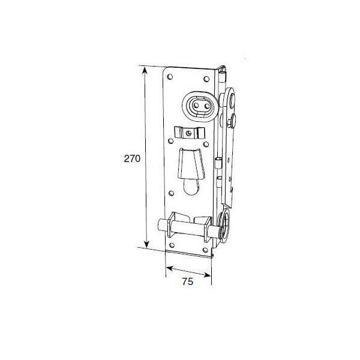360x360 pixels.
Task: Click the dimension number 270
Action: click(x=132, y=158)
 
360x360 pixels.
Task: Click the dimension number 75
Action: click(x=188, y=281)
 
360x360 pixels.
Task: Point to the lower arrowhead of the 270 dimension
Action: click(x=146, y=244)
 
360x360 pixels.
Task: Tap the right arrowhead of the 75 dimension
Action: click(x=207, y=275)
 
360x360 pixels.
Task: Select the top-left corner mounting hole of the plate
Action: click(x=170, y=77)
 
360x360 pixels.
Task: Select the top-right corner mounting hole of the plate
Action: click(x=206, y=79)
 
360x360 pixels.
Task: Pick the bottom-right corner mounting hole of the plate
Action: click(x=205, y=250)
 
